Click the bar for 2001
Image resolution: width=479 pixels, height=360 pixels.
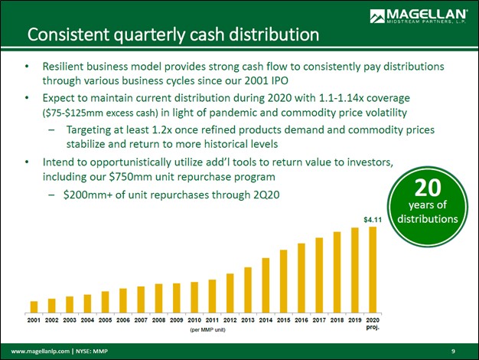click(x=34, y=307)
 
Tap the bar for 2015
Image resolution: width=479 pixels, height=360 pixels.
click(x=283, y=281)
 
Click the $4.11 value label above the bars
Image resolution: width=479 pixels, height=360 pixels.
click(x=372, y=221)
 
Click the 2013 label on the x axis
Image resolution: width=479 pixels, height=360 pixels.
click(x=248, y=319)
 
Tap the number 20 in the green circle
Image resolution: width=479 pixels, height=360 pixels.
click(x=425, y=188)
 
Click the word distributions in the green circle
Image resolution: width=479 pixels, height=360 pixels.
click(x=425, y=218)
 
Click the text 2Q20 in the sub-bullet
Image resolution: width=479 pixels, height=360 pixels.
click(x=263, y=195)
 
